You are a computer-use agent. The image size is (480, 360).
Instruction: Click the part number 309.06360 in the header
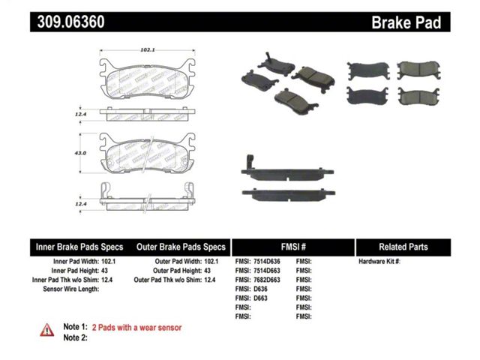click(x=70, y=22)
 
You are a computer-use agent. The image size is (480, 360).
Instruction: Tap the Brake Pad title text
click(x=406, y=22)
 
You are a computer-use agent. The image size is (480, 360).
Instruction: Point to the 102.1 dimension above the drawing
click(x=148, y=49)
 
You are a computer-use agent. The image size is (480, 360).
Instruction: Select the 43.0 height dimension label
click(x=80, y=153)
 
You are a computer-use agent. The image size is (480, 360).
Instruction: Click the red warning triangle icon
click(x=46, y=330)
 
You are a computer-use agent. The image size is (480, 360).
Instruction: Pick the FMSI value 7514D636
click(x=267, y=262)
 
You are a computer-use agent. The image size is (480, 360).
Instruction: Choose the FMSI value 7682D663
click(x=267, y=280)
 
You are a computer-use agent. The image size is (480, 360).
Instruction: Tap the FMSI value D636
click(x=260, y=289)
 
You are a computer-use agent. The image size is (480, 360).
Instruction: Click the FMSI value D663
click(x=260, y=298)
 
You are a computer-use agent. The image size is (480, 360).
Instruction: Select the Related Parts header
click(x=403, y=247)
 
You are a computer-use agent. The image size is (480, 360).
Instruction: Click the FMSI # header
click(x=293, y=247)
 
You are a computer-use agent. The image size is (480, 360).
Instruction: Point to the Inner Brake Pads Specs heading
click(x=79, y=247)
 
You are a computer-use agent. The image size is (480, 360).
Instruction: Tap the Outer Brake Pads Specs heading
click(x=181, y=247)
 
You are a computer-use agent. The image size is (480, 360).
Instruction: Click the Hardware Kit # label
click(x=379, y=262)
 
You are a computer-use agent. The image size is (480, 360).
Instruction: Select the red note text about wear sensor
click(x=136, y=328)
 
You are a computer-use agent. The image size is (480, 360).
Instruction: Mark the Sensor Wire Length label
click(x=71, y=289)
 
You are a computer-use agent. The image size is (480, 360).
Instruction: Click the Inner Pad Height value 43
click(x=104, y=271)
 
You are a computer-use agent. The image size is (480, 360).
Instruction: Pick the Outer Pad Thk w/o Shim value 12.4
click(x=210, y=280)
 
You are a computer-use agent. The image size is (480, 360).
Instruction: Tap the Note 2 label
click(x=75, y=337)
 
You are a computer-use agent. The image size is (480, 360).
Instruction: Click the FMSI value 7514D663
click(x=267, y=271)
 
